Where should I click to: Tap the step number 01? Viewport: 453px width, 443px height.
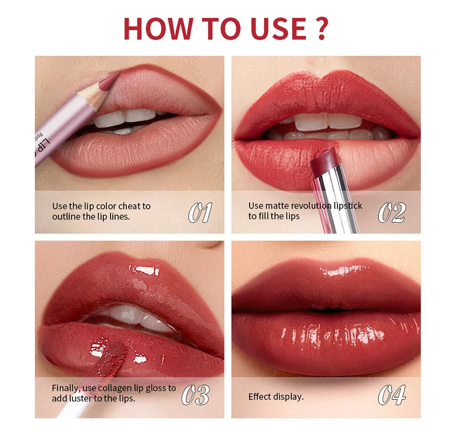(200, 213)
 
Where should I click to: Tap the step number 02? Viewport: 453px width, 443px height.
(391, 213)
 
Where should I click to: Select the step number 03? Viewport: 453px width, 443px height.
(195, 395)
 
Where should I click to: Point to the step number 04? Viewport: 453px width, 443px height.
(391, 395)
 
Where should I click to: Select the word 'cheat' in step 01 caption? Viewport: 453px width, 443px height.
(129, 206)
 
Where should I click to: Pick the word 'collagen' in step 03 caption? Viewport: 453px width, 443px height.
(126, 388)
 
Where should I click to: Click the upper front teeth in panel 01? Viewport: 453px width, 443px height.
(125, 117)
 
